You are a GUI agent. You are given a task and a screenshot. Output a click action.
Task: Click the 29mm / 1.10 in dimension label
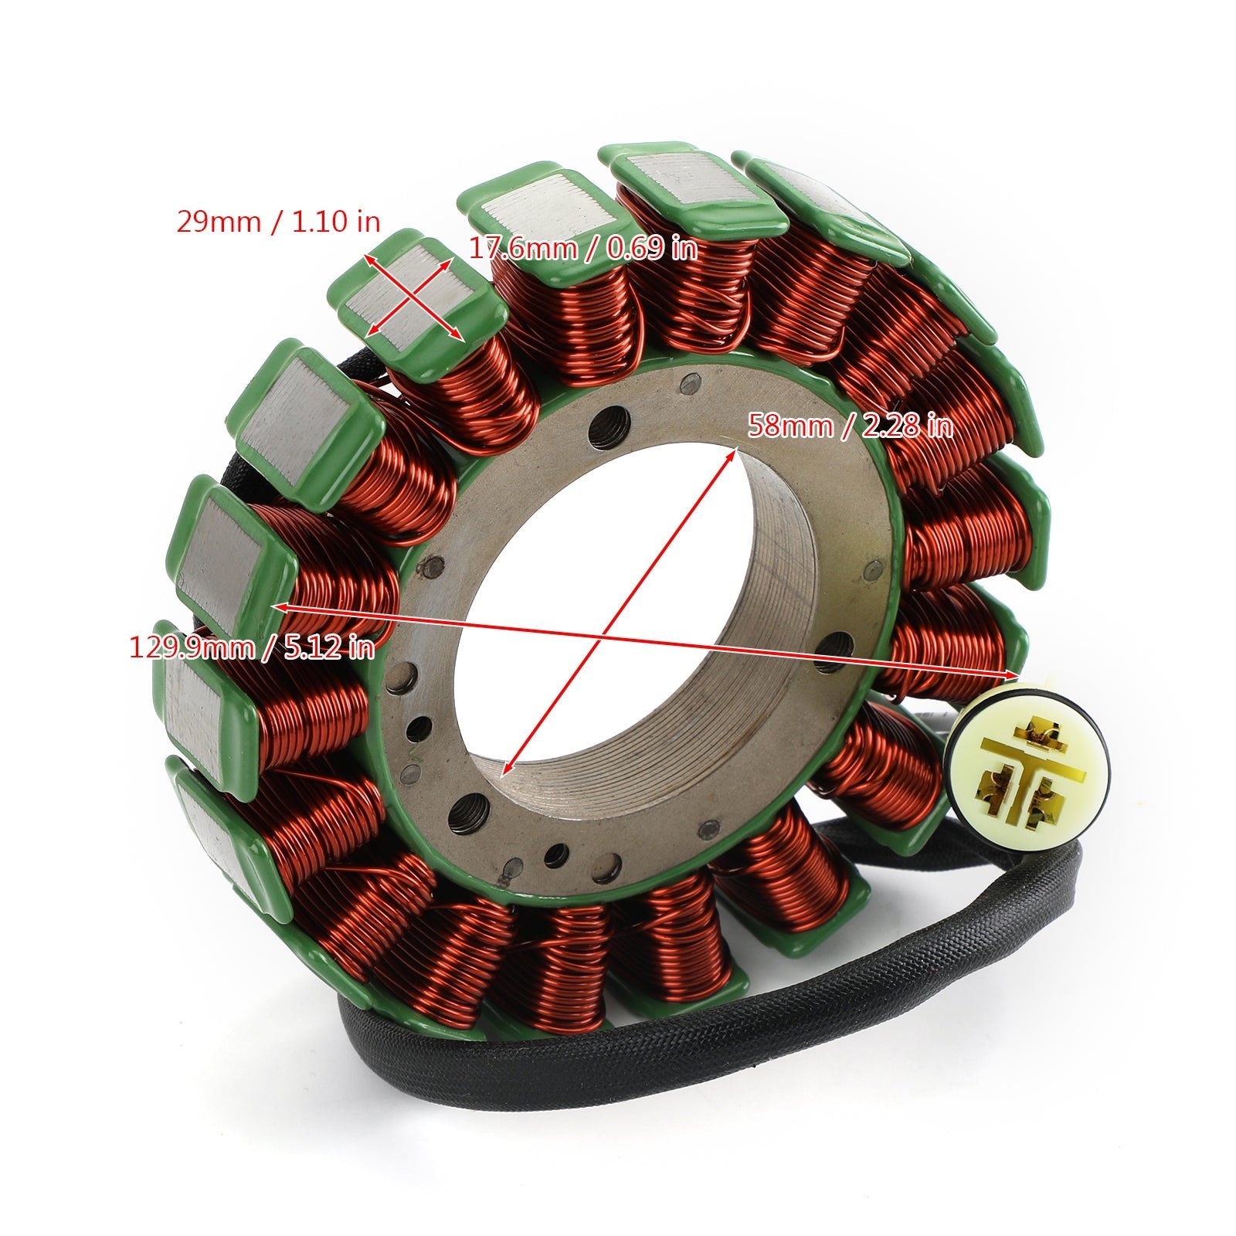pos(278,222)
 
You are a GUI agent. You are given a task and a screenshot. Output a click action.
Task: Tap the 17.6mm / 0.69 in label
pos(583,249)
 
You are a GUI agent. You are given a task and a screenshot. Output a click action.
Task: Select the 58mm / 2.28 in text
pos(850,426)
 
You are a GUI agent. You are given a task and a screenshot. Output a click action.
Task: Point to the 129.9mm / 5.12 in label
pos(252,647)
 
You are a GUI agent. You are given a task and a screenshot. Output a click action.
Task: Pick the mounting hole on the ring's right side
pos(838,643)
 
